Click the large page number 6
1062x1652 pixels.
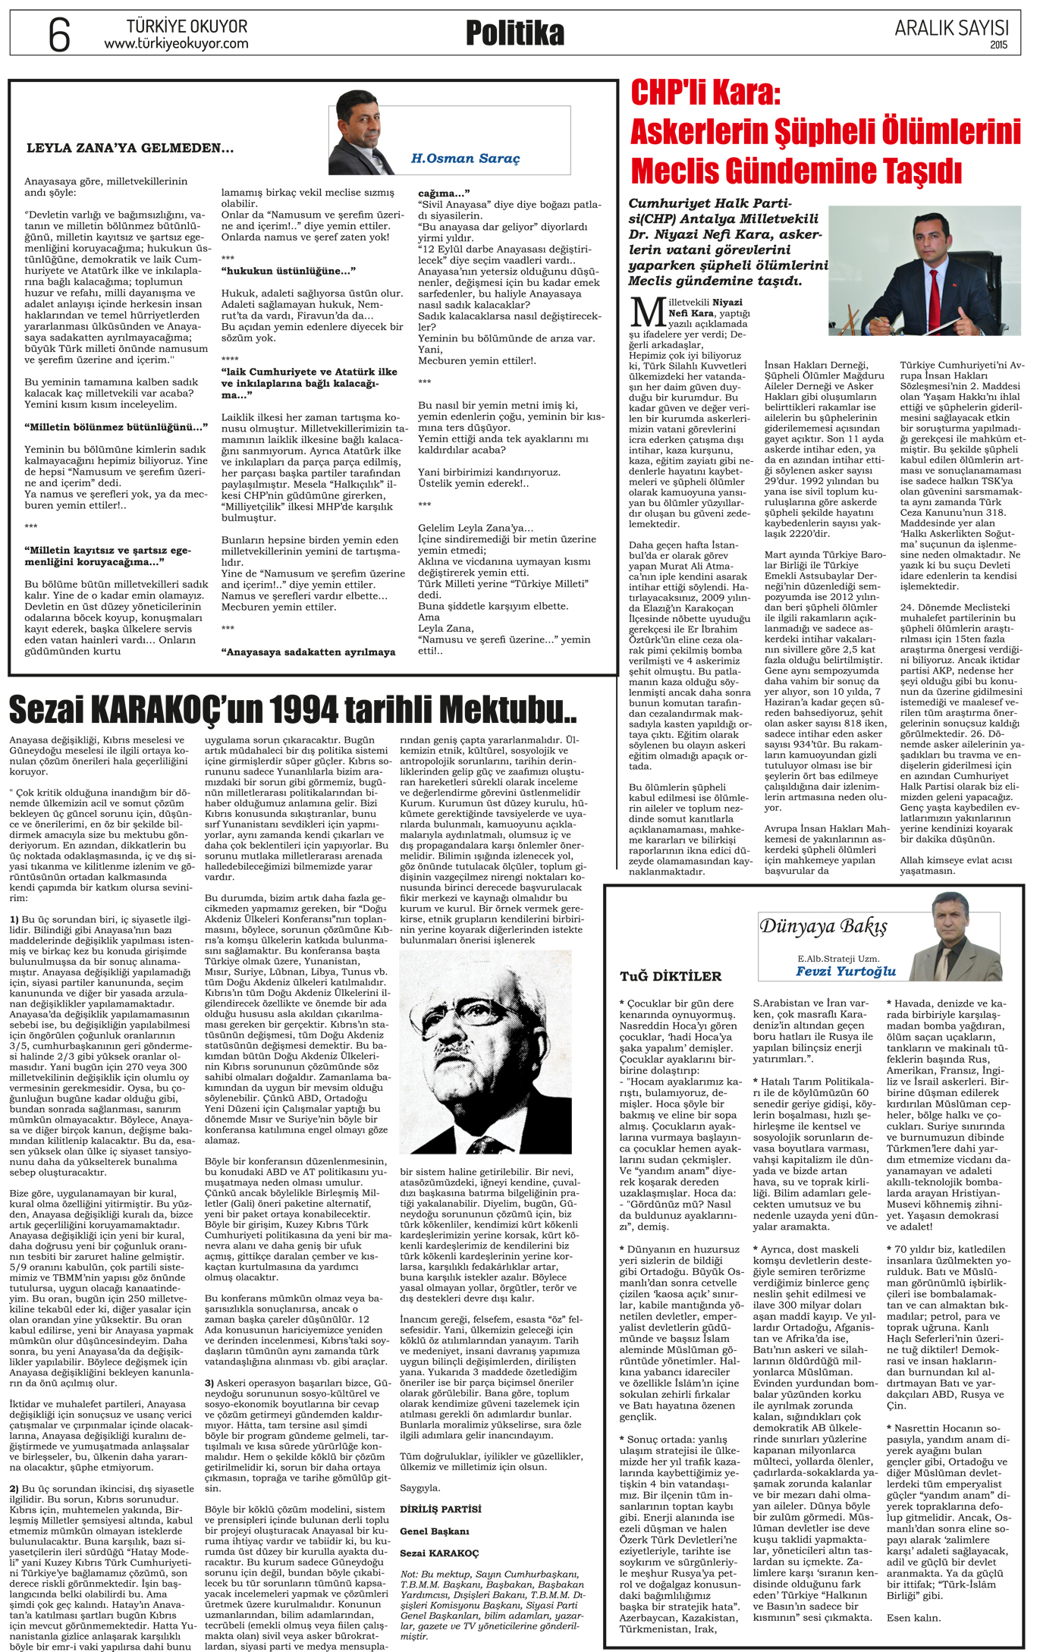point(59,35)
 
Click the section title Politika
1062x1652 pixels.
point(514,33)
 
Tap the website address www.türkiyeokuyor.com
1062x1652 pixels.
point(176,44)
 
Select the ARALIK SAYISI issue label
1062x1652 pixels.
point(951,28)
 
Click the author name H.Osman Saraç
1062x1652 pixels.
point(465,159)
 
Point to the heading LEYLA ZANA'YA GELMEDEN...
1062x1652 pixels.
point(130,148)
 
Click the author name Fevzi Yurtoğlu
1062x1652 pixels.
point(846,971)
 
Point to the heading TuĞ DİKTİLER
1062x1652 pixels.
point(671,975)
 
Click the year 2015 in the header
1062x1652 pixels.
point(998,45)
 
